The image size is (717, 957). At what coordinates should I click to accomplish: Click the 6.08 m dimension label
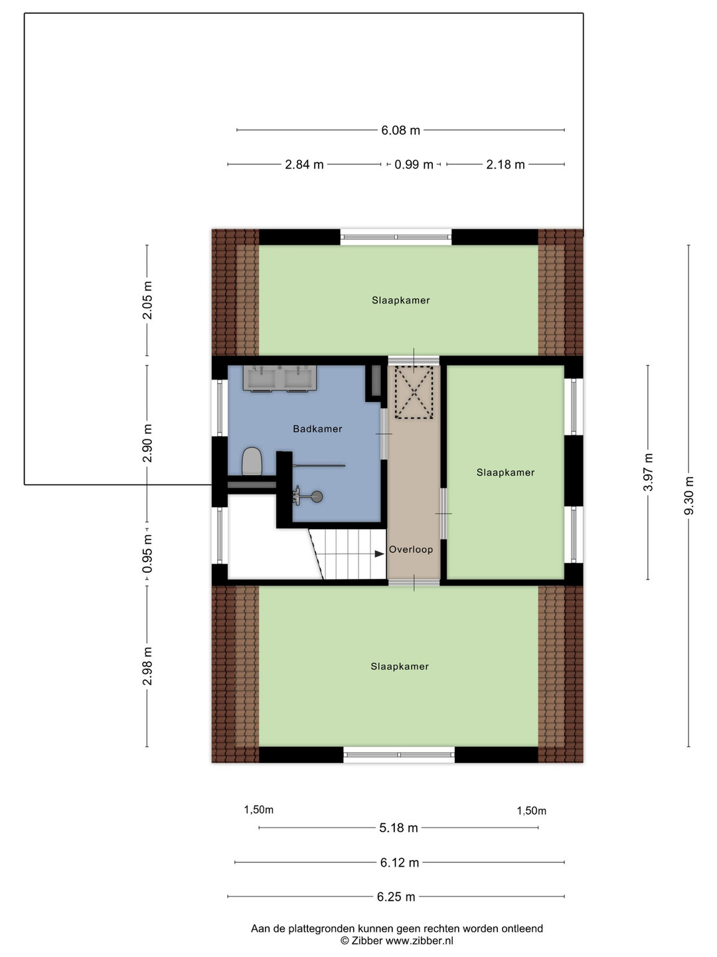point(400,130)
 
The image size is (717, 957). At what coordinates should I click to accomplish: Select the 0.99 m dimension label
point(414,164)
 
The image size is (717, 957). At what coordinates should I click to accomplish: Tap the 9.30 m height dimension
point(689,495)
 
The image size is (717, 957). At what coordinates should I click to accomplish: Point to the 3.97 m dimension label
point(649,472)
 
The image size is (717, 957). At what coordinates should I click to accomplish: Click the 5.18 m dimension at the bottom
point(398,827)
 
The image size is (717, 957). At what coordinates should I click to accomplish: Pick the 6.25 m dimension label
point(396,897)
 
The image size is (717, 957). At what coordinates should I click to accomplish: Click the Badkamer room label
point(317,429)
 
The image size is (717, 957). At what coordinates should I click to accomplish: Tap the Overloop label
point(411,550)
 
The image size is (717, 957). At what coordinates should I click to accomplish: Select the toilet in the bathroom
point(251,461)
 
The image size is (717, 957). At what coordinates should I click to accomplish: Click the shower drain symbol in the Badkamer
point(317,496)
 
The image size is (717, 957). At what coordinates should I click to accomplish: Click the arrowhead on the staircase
point(378,554)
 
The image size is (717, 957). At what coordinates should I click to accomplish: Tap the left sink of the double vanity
point(260,378)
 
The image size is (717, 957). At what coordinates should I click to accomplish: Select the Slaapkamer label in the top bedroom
point(400,300)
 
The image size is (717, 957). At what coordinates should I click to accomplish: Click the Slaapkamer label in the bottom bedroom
point(400,667)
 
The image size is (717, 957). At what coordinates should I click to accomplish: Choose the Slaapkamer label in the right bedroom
point(505,473)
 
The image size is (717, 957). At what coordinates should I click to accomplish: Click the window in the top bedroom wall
point(396,237)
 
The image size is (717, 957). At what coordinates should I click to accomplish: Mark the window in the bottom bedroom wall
point(399,754)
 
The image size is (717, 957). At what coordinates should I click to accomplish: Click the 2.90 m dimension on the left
point(147,443)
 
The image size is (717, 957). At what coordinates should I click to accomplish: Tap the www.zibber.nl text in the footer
point(419,940)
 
